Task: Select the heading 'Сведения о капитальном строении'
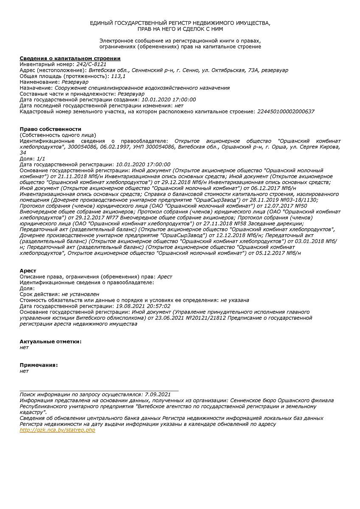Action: (70, 59)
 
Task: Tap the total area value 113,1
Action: (118, 76)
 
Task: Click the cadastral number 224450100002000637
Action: (286, 112)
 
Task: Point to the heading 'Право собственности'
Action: (50, 129)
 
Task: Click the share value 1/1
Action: (41, 158)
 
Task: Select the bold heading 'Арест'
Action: (28, 271)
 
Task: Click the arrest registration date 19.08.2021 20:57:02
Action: (143, 306)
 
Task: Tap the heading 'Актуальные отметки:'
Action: (51, 341)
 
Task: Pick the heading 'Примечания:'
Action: (39, 365)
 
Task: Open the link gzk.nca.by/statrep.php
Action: (57, 430)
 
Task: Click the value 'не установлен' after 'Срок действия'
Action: (80, 294)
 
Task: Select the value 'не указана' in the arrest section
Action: (235, 300)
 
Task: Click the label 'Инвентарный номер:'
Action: (47, 64)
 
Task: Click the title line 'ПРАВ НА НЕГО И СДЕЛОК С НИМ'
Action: (180, 29)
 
